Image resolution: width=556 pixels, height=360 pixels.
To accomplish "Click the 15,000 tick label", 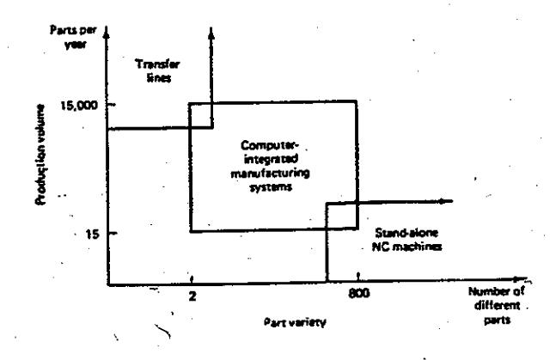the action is coord(79,106).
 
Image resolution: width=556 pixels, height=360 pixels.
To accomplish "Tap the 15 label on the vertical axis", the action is coord(91,234).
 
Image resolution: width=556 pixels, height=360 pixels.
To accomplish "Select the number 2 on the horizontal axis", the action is coord(192,296).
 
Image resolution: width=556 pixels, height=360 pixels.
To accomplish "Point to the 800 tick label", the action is coord(358,293).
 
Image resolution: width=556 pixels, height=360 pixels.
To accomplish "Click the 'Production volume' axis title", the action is coord(40,155).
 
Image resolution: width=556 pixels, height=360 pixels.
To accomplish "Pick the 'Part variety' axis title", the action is coord(295,322).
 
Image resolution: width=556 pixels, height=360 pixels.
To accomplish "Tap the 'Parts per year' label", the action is coord(73,37).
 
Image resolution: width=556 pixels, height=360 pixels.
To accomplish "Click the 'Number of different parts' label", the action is coord(497,306).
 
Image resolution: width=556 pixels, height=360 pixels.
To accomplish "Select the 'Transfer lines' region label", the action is coord(158,71).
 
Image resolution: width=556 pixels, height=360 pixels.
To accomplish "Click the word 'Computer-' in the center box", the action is coord(270,146).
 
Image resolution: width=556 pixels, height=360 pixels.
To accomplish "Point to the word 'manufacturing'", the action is coord(270,174).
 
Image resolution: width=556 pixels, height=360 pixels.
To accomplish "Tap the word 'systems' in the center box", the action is coord(271,187).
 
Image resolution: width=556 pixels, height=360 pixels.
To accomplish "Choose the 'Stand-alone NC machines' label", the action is coord(406,240).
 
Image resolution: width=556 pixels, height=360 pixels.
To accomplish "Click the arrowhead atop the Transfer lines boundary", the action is coord(211,33).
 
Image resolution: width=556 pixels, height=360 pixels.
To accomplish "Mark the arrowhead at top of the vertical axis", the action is coord(107,33).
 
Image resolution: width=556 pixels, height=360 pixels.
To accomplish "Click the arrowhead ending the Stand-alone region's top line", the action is coord(445,201).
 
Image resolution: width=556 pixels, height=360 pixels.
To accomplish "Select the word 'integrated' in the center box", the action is coord(271,160).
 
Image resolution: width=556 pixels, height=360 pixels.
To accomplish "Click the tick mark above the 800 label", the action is coord(358,276).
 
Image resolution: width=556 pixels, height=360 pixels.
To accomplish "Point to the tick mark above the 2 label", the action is coord(192,279).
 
